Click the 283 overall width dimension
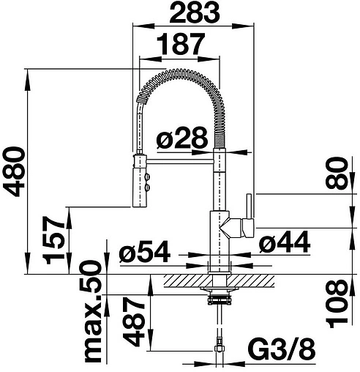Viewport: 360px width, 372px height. [195, 12]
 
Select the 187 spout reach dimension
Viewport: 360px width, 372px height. [181, 44]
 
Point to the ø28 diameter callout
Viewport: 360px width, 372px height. [182, 137]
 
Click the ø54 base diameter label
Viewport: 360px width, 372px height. [145, 251]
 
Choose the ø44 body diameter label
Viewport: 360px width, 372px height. [285, 242]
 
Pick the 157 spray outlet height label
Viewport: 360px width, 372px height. [53, 240]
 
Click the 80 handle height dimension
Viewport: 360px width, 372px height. [337, 173]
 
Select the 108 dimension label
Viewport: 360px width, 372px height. [337, 304]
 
